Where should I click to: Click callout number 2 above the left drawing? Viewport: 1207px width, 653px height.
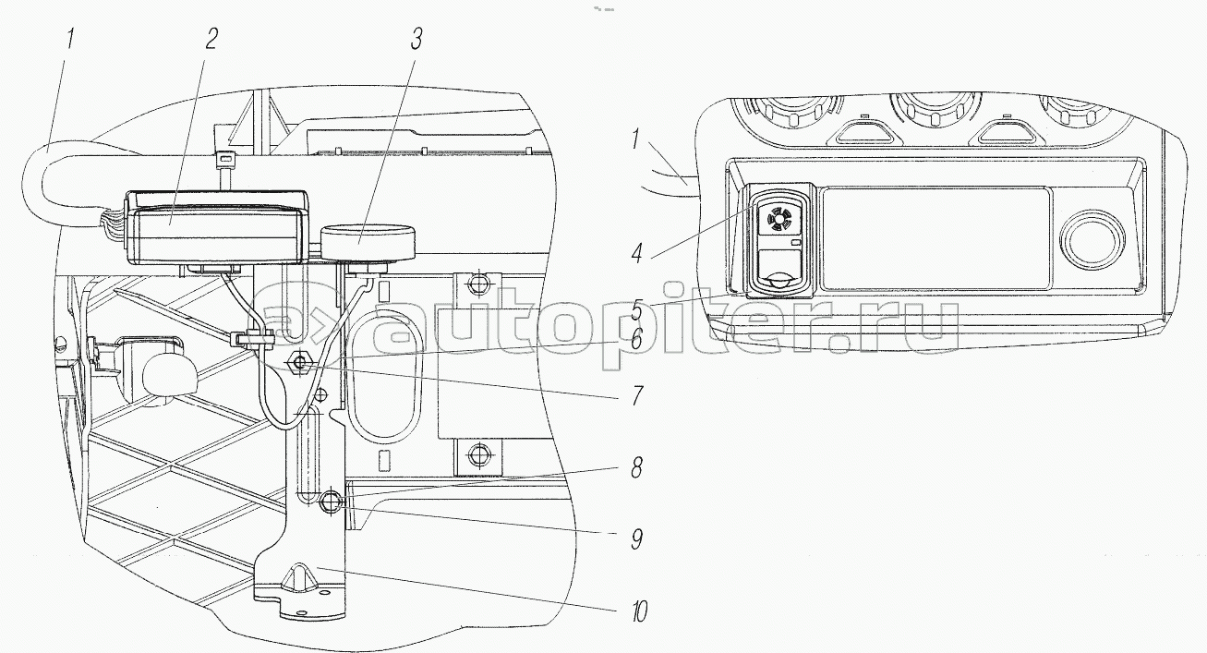point(211,39)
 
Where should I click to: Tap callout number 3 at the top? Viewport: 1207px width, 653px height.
point(416,39)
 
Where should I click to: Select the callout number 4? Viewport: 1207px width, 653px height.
point(637,253)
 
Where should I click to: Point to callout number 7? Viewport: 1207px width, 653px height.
point(637,395)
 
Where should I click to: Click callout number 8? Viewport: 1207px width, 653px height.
point(636,467)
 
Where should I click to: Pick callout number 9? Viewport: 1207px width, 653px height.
point(636,538)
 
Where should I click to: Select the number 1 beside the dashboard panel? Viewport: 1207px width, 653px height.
point(636,140)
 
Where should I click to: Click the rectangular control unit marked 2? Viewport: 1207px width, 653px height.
point(217,227)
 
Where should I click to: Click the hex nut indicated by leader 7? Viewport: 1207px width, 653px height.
point(299,364)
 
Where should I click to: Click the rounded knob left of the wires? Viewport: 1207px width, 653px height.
point(169,376)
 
